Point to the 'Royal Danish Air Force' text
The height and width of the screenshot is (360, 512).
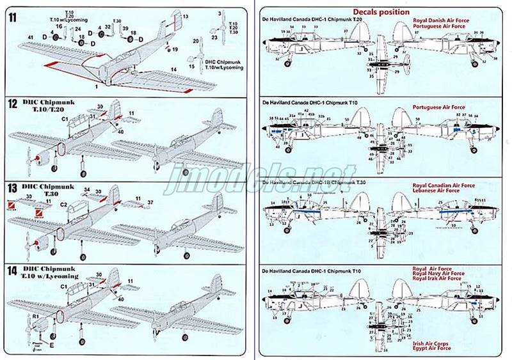click(441, 20)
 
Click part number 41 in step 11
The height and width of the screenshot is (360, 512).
click(30, 39)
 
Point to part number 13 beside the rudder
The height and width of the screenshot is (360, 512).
click(186, 15)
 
